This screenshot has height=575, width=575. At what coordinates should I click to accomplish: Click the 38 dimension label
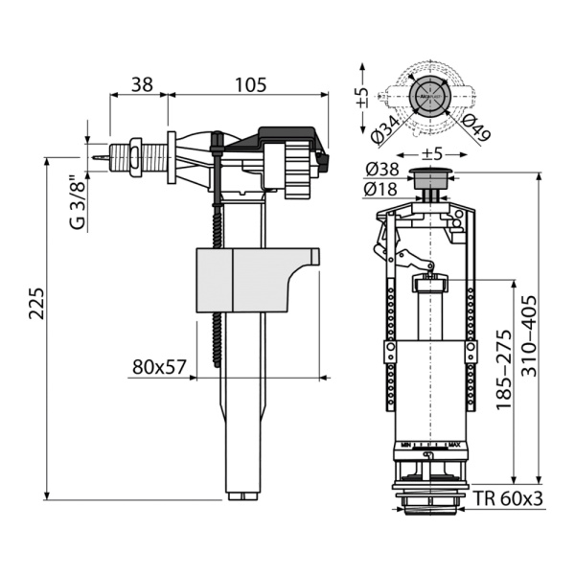tap(141, 84)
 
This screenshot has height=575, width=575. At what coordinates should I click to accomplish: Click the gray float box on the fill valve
tap(243, 279)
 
